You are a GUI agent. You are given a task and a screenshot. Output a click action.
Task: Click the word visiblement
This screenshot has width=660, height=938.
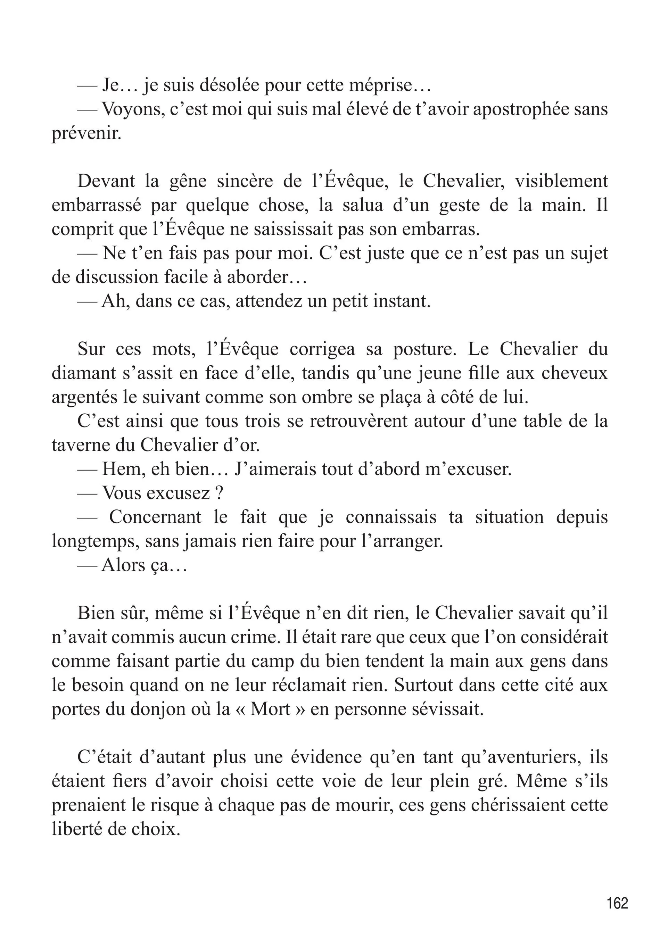pyautogui.click(x=561, y=181)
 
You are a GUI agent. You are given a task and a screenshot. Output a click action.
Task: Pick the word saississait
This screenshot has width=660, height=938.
pyautogui.click(x=305, y=229)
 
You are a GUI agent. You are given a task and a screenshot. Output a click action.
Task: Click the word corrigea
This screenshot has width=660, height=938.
pyautogui.click(x=323, y=349)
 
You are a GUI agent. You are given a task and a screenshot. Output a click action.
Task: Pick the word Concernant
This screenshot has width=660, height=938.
pyautogui.click(x=155, y=517)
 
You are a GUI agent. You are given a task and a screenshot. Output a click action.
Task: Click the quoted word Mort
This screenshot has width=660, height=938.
pyautogui.click(x=271, y=709)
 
